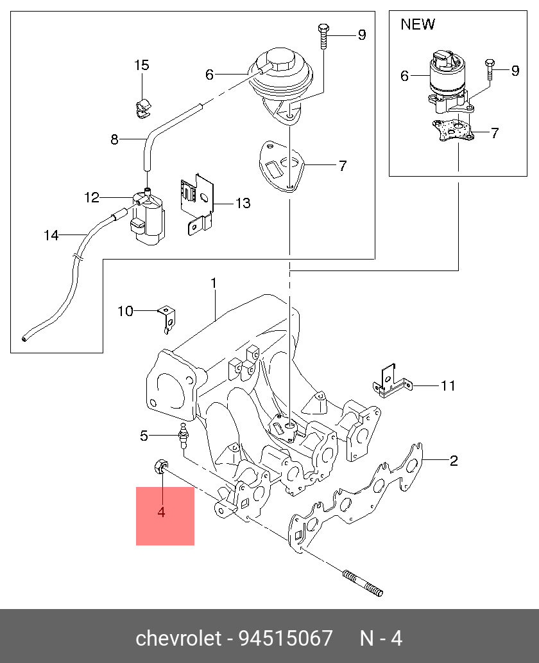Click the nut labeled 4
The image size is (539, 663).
click(x=161, y=467)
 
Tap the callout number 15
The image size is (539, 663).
click(x=141, y=65)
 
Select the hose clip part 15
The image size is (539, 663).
click(x=142, y=107)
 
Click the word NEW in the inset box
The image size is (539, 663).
click(x=418, y=24)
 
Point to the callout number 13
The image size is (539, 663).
click(x=243, y=204)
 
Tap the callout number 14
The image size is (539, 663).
click(x=51, y=235)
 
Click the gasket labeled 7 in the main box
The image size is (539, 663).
click(x=280, y=165)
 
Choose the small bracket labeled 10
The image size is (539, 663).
click(x=167, y=317)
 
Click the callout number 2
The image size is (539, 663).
click(x=453, y=460)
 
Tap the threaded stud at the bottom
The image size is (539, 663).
click(x=363, y=583)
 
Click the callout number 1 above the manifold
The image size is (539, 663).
click(x=214, y=283)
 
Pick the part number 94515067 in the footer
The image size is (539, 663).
click(x=286, y=638)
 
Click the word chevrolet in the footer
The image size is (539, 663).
click(x=178, y=638)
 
